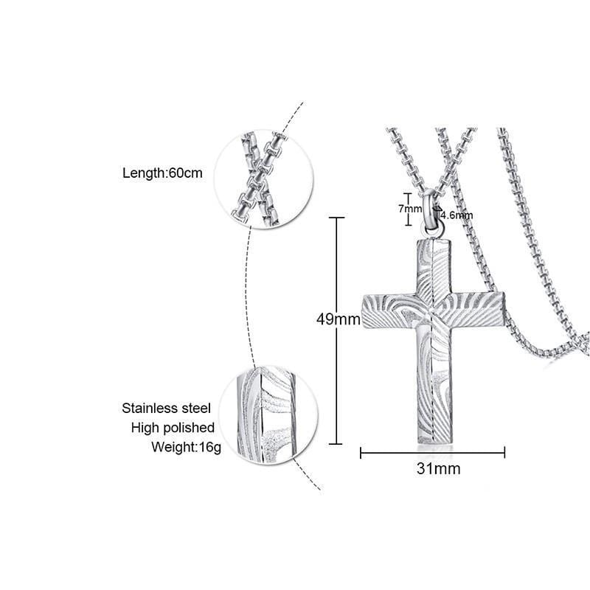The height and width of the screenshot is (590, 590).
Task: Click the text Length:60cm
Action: click(x=162, y=173)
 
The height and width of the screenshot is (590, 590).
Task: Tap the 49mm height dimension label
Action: click(x=339, y=319)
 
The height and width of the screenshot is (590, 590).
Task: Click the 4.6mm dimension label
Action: click(x=457, y=215)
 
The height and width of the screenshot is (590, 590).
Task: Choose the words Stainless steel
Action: click(x=167, y=408)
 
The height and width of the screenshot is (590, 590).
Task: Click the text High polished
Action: click(x=173, y=427)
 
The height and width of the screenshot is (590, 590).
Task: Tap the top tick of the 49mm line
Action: click(x=337, y=218)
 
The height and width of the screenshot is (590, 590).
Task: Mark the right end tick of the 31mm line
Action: click(x=504, y=452)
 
